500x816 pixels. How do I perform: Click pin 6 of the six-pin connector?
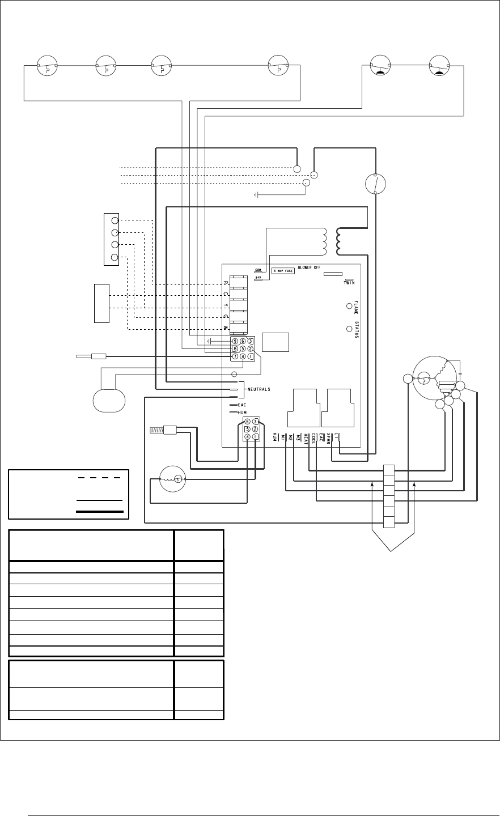pyautogui.click(x=247, y=422)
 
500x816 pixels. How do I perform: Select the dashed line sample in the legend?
pyautogui.click(x=99, y=478)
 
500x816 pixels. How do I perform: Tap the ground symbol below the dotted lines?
pyautogui.click(x=256, y=195)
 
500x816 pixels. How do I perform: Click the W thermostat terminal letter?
pyautogui.click(x=226, y=329)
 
